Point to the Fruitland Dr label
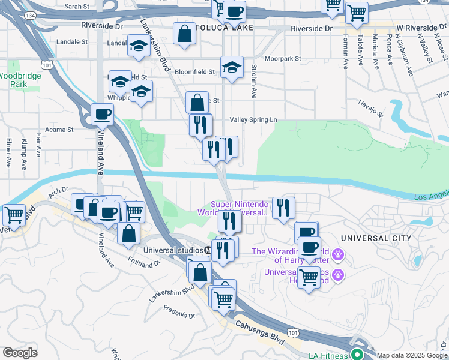click(144, 260)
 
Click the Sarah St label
click(77, 6)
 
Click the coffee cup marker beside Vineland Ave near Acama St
click(102, 113)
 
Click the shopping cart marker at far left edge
click(14, 214)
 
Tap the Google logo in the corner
click(20, 353)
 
